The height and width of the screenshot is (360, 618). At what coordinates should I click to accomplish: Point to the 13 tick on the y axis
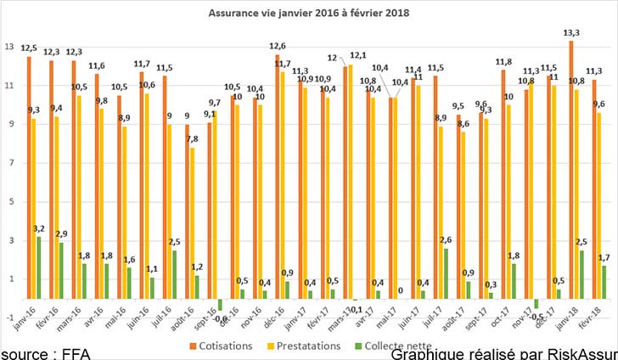click(x=9, y=47)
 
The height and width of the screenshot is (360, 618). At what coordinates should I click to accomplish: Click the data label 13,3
click(x=572, y=33)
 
